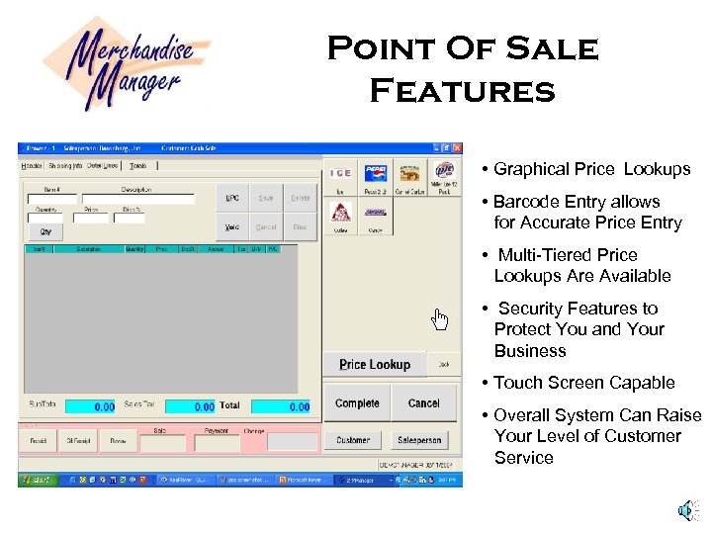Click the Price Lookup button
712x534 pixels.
pos(375,365)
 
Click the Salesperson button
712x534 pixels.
pos(418,440)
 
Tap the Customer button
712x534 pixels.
pos(353,440)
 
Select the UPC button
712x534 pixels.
pos(232,198)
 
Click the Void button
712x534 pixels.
pos(232,226)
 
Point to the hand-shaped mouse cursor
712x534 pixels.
pos(440,318)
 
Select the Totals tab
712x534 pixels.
pos(138,165)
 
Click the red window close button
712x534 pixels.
pos(457,147)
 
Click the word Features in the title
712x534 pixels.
pos(462,92)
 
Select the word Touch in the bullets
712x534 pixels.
pos(516,383)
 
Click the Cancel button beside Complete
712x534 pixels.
pos(423,403)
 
